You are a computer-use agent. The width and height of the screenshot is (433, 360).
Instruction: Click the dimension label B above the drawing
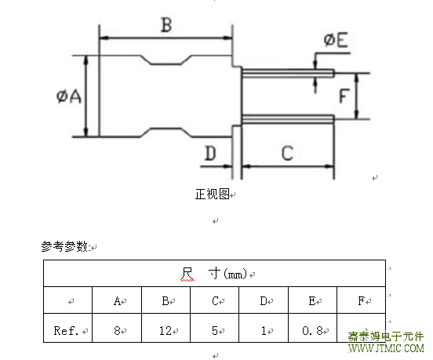tap(166, 25)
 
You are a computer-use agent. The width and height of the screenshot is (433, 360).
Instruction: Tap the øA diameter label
tap(69, 96)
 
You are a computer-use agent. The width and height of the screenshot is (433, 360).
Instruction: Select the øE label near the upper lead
tap(336, 40)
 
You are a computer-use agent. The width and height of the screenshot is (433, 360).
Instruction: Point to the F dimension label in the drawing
tap(344, 96)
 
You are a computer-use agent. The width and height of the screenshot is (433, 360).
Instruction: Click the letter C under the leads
tap(287, 153)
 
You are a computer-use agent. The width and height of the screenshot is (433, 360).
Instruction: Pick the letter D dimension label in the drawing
tap(210, 153)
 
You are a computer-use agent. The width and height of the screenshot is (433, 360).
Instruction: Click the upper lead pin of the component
tap(288, 74)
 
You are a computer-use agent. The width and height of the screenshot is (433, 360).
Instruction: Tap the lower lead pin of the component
tap(288, 119)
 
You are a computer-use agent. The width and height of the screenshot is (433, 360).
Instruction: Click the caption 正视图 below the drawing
tap(213, 194)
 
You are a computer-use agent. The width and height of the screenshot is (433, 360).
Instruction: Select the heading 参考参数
tap(64, 246)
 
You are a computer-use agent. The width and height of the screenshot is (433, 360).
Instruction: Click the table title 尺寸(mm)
tap(213, 274)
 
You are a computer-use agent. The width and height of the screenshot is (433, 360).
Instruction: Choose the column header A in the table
tap(117, 301)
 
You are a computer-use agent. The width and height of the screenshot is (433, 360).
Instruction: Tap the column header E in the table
tap(312, 301)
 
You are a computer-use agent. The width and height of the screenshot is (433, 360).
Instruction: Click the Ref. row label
tap(67, 330)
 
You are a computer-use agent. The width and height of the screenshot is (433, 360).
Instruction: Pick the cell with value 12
tap(166, 330)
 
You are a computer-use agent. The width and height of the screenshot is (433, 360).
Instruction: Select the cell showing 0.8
tap(312, 330)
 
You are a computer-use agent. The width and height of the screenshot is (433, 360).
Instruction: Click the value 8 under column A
tap(117, 330)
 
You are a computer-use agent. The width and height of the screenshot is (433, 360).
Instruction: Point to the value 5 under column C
tap(215, 330)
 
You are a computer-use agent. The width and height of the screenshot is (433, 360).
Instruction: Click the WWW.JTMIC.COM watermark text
tap(386, 348)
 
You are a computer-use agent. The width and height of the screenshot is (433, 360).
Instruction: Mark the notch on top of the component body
tap(166, 60)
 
